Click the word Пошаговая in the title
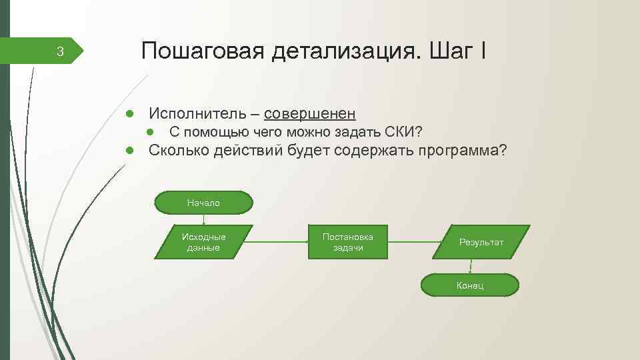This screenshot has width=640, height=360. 202,51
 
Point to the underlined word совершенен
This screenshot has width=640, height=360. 309,113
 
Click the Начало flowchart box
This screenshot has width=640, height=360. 204,203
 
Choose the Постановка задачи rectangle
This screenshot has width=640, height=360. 347,242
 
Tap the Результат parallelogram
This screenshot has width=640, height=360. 481,242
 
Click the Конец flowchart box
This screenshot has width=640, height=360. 469,285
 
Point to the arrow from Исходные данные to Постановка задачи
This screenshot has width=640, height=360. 280,242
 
